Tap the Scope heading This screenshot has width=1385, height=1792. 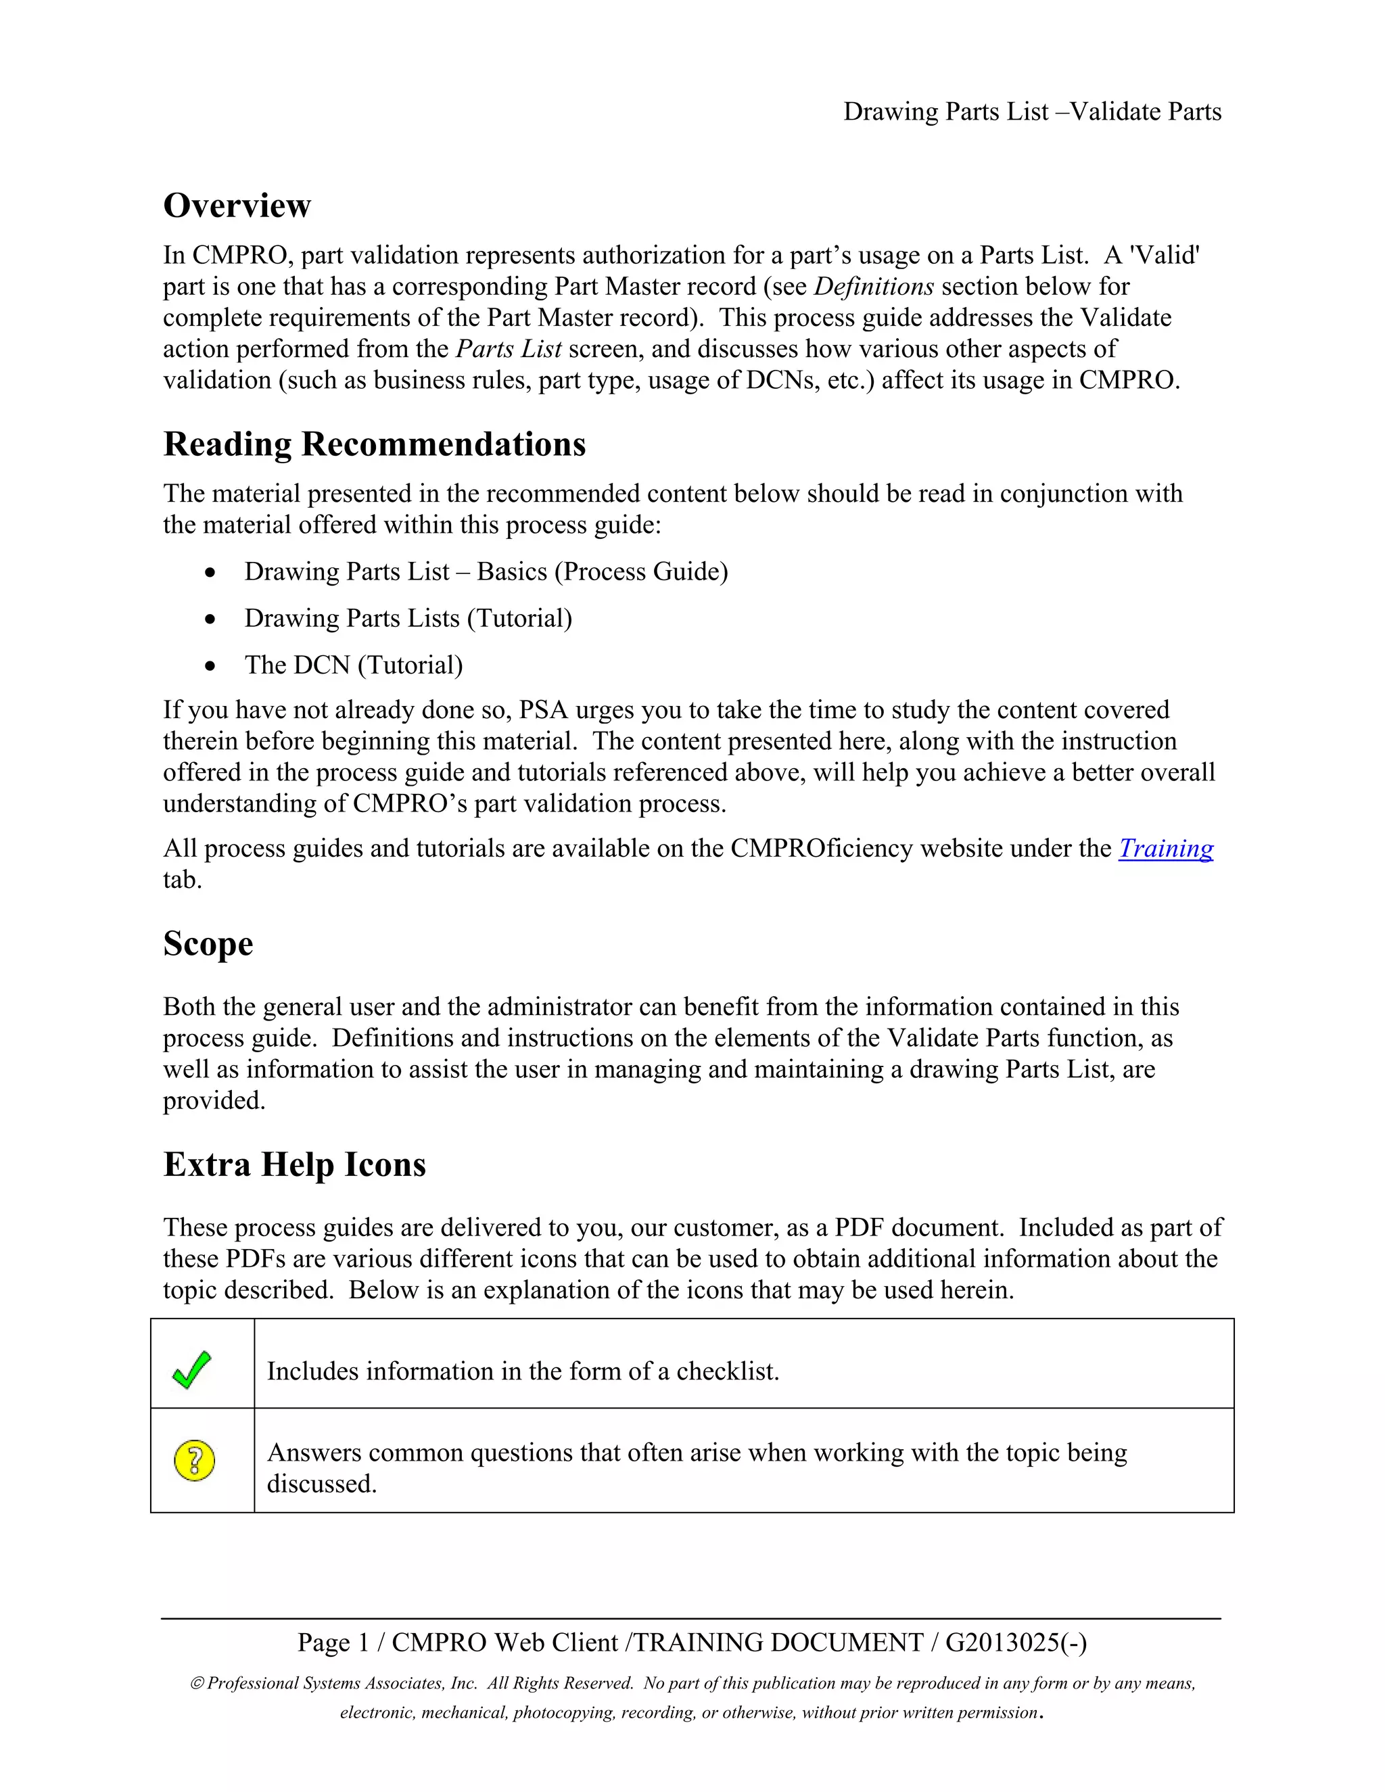[208, 943]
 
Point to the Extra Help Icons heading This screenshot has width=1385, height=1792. [295, 1164]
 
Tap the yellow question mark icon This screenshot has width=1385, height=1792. [195, 1461]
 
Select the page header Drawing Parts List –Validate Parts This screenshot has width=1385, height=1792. [1031, 112]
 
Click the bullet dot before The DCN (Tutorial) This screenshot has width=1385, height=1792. [211, 665]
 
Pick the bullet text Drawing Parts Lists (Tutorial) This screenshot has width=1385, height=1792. [408, 618]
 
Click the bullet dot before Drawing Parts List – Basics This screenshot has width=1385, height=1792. [211, 572]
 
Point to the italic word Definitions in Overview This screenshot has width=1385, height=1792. [873, 286]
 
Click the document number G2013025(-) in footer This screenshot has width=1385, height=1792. [1016, 1642]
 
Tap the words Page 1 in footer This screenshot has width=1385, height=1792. [333, 1642]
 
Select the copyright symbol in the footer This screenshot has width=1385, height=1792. [197, 1683]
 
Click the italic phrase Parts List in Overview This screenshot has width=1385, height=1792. [508, 349]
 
